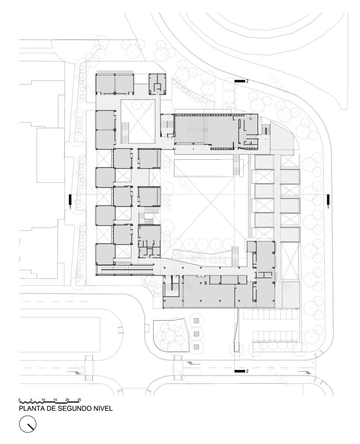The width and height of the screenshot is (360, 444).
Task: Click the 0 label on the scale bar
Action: tap(19, 399)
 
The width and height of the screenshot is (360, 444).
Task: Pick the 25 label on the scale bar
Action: tap(79, 399)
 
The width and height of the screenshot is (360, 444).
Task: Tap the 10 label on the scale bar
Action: tap(43, 399)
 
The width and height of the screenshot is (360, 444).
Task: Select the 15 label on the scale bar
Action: tap(55, 399)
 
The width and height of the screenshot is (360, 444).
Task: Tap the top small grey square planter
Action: tap(196, 321)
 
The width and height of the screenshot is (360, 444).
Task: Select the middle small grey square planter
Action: tap(196, 334)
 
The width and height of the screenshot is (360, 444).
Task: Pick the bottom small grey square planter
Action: tap(196, 347)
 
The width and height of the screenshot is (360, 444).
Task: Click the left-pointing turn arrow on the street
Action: tap(193, 363)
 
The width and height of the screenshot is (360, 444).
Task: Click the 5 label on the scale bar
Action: tap(31, 399)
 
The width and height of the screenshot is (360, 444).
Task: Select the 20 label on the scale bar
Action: tap(67, 399)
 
